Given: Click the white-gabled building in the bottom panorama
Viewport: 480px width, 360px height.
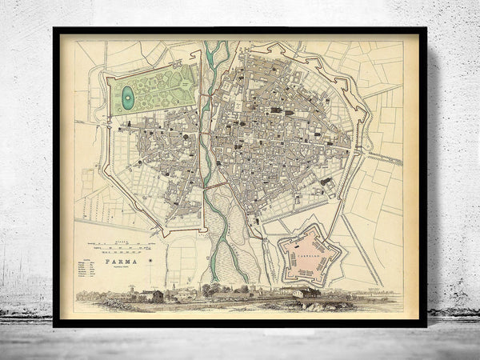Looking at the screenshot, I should click(302, 293).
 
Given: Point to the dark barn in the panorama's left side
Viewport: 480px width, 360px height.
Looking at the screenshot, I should click(157, 296).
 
